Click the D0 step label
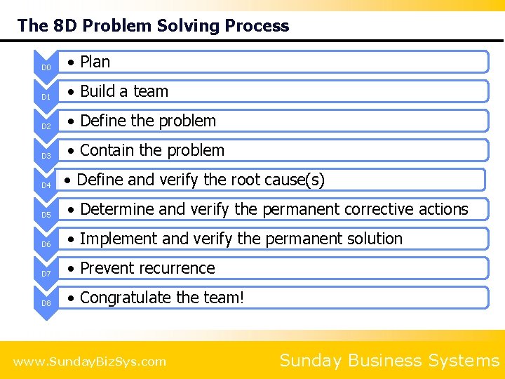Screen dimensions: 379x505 (46, 67)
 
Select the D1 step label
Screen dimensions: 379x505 (46, 97)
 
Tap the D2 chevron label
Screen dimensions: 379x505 (46, 126)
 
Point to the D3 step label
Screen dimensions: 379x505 (46, 156)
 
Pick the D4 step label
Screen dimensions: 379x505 (46, 185)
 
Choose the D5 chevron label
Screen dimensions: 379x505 (46, 215)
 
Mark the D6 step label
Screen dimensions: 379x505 (46, 244)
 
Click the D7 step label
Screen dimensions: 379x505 (46, 274)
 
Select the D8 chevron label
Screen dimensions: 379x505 (46, 303)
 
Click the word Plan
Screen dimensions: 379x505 (95, 62)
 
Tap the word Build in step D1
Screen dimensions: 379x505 (97, 91)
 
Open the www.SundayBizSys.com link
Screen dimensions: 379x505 (90, 361)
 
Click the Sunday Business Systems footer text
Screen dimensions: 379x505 (389, 361)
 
